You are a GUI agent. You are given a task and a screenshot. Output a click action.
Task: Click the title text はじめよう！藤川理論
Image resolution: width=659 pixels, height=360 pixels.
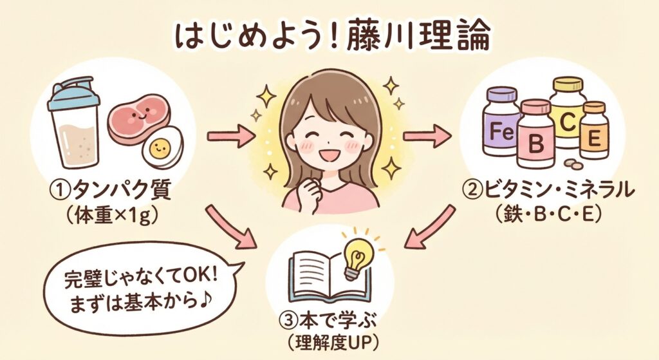[329, 37]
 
